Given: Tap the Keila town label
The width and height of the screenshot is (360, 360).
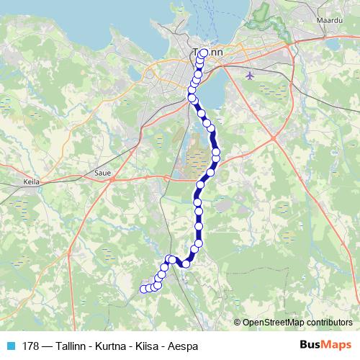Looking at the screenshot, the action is click(x=31, y=183).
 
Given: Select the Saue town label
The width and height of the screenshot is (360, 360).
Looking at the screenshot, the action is click(x=101, y=174).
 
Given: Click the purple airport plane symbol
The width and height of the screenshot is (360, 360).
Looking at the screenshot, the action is click(x=250, y=74).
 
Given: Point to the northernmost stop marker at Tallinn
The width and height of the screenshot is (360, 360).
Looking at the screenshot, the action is click(x=204, y=53).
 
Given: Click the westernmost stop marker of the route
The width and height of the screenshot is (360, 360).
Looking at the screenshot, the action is click(x=143, y=289).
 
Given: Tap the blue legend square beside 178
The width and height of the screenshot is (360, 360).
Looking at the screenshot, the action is click(x=10, y=344).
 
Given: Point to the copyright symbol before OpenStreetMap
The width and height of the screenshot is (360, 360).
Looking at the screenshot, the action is click(x=238, y=322).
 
